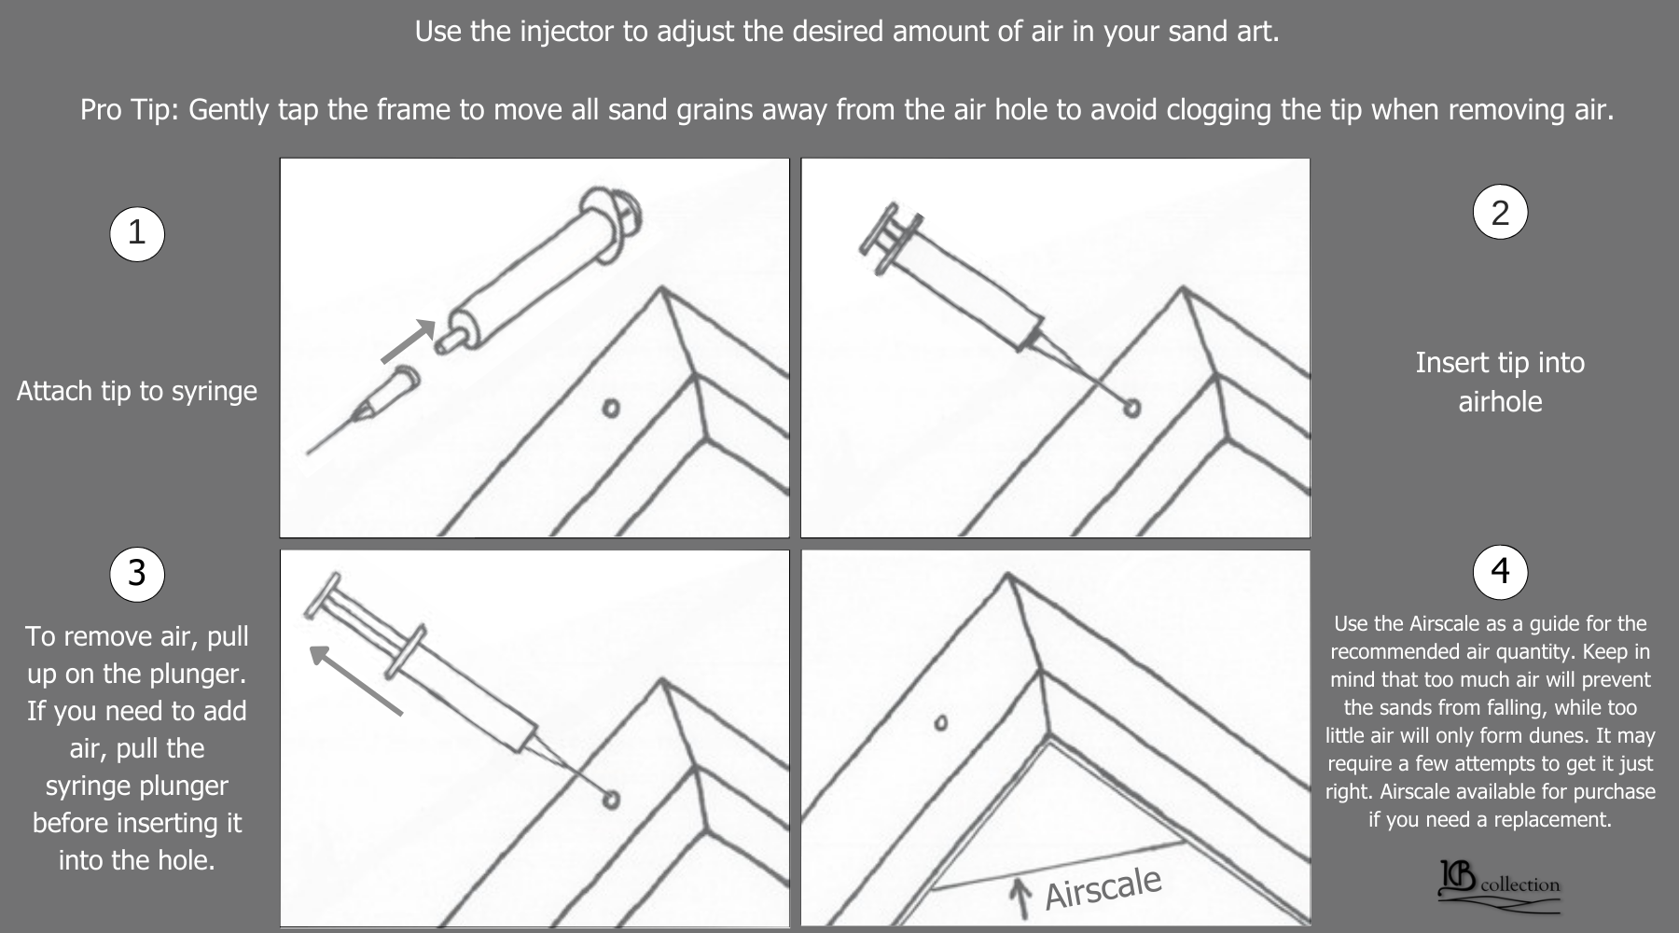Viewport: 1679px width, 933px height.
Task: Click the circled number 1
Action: tap(137, 232)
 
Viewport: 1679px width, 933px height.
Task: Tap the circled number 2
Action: tap(1500, 212)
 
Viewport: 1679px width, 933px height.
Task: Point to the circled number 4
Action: tap(1500, 571)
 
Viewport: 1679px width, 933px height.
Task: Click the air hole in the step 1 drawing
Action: tap(611, 409)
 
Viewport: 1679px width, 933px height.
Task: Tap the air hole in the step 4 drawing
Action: tap(941, 723)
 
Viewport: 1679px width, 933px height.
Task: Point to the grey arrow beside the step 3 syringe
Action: tap(355, 680)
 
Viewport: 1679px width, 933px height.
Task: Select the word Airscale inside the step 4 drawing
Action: tap(1103, 887)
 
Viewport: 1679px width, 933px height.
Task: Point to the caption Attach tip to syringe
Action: tap(137, 391)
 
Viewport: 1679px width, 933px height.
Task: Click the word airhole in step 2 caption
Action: tap(1500, 402)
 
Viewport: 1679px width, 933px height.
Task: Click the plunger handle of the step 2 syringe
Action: tap(881, 237)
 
